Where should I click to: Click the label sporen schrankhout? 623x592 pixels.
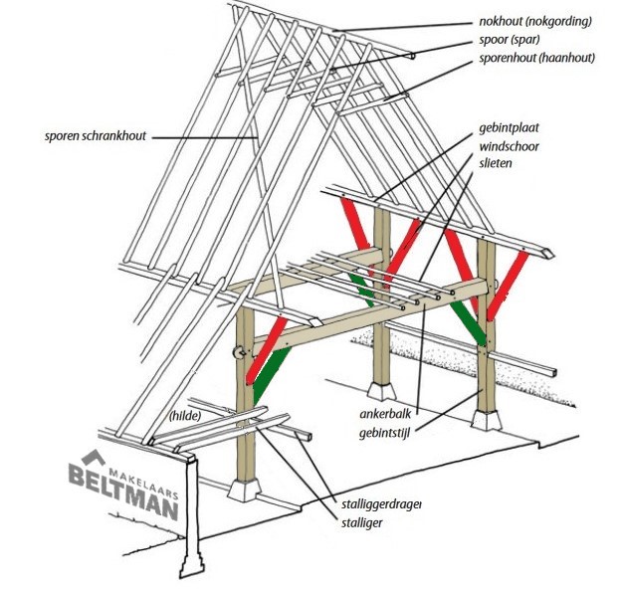click(x=96, y=135)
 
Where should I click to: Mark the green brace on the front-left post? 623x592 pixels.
click(x=267, y=369)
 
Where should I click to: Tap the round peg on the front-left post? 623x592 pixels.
click(x=238, y=351)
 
